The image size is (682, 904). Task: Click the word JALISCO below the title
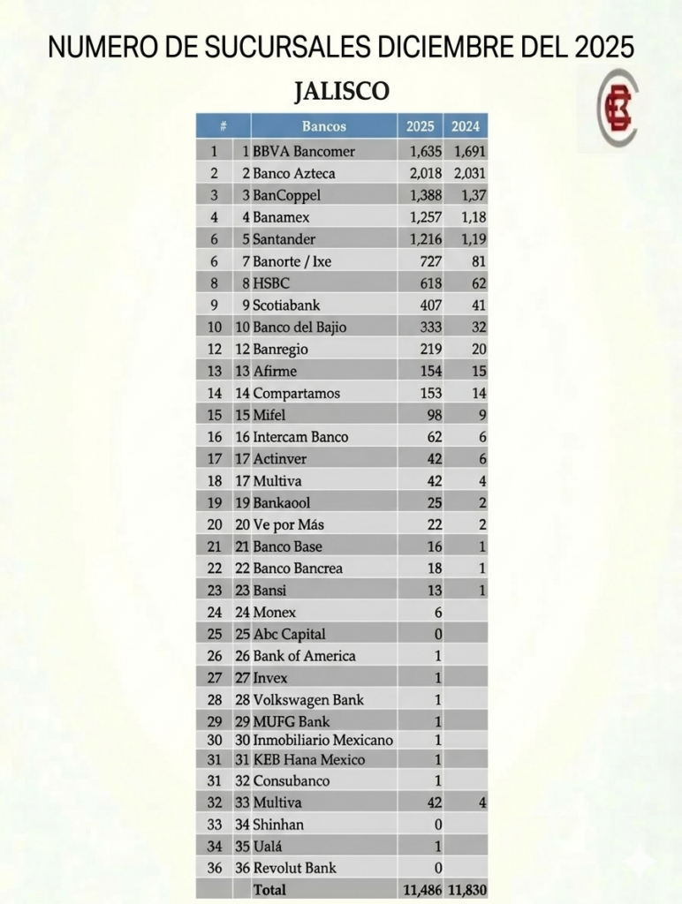pos(341,92)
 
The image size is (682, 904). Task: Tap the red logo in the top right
pos(618,109)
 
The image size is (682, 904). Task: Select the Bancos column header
pos(323,126)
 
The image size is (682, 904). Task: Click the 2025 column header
pos(420,126)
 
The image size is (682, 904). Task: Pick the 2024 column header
pos(466,126)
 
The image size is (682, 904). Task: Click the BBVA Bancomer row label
pos(304,151)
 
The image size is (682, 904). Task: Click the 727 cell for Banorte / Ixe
pos(430,260)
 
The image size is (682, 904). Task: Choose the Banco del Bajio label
pos(299,327)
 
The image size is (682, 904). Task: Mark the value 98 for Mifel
pos(434,414)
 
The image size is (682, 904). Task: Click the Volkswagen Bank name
pos(307,699)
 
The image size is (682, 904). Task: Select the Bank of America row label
pos(304,656)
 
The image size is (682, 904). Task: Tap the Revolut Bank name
pos(294,867)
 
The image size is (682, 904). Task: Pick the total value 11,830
pos(467,890)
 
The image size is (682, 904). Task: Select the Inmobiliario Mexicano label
pos(322,740)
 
